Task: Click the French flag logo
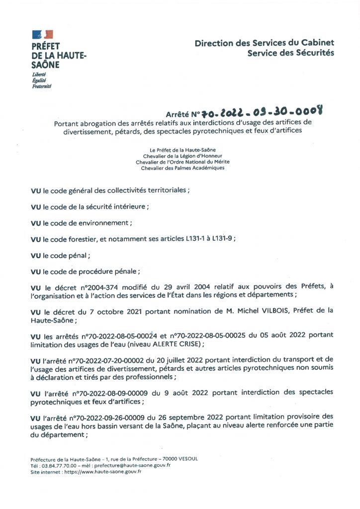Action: click(x=42, y=34)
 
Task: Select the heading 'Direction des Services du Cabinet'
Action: click(x=264, y=43)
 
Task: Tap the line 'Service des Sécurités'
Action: click(x=291, y=53)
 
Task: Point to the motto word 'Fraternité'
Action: click(x=41, y=85)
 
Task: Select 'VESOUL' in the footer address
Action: click(x=186, y=459)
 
